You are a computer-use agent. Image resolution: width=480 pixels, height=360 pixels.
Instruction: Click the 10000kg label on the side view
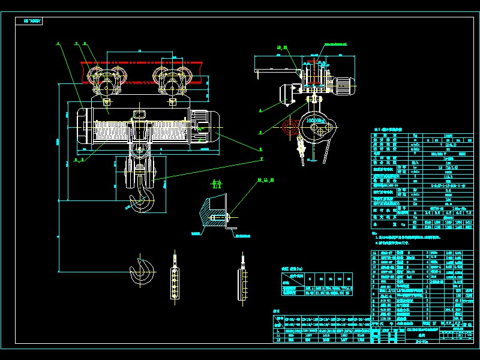tap(316, 121)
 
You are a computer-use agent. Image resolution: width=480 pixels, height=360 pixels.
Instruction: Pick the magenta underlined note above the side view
tap(336, 44)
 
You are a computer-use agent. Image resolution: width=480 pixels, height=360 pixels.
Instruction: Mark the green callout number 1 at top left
tap(58, 43)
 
